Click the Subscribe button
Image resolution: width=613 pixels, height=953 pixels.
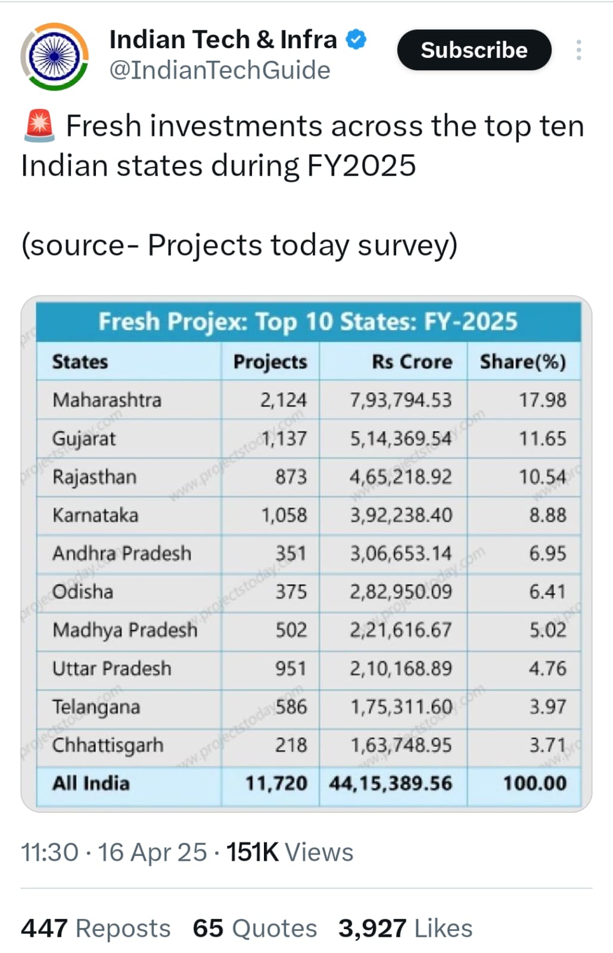[474, 50]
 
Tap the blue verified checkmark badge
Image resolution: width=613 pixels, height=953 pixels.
[356, 40]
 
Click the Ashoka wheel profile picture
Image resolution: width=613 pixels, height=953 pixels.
[55, 57]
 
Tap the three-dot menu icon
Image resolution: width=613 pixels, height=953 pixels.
[578, 50]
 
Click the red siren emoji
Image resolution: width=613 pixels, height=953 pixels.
[39, 126]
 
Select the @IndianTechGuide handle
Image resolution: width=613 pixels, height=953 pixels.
[219, 70]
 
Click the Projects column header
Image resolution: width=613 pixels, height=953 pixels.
[270, 362]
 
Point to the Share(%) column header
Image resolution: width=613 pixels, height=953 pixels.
[522, 362]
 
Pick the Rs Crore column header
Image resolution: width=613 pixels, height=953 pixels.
[412, 362]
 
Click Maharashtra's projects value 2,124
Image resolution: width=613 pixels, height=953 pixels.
[283, 400]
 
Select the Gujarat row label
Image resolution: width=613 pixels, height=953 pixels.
[84, 439]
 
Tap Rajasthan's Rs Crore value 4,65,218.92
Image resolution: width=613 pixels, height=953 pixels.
[400, 477]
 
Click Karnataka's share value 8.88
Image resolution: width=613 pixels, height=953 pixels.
[547, 515]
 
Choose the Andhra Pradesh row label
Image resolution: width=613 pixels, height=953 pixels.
[122, 553]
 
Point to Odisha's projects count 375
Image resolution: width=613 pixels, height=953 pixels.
[291, 592]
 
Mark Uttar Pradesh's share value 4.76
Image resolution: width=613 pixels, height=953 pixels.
[547, 668]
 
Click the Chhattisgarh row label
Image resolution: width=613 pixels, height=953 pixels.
[107, 745]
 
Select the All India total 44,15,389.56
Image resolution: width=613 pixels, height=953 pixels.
[390, 783]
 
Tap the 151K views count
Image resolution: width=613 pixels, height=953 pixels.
[252, 852]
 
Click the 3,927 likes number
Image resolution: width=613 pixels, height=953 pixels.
[372, 929]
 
